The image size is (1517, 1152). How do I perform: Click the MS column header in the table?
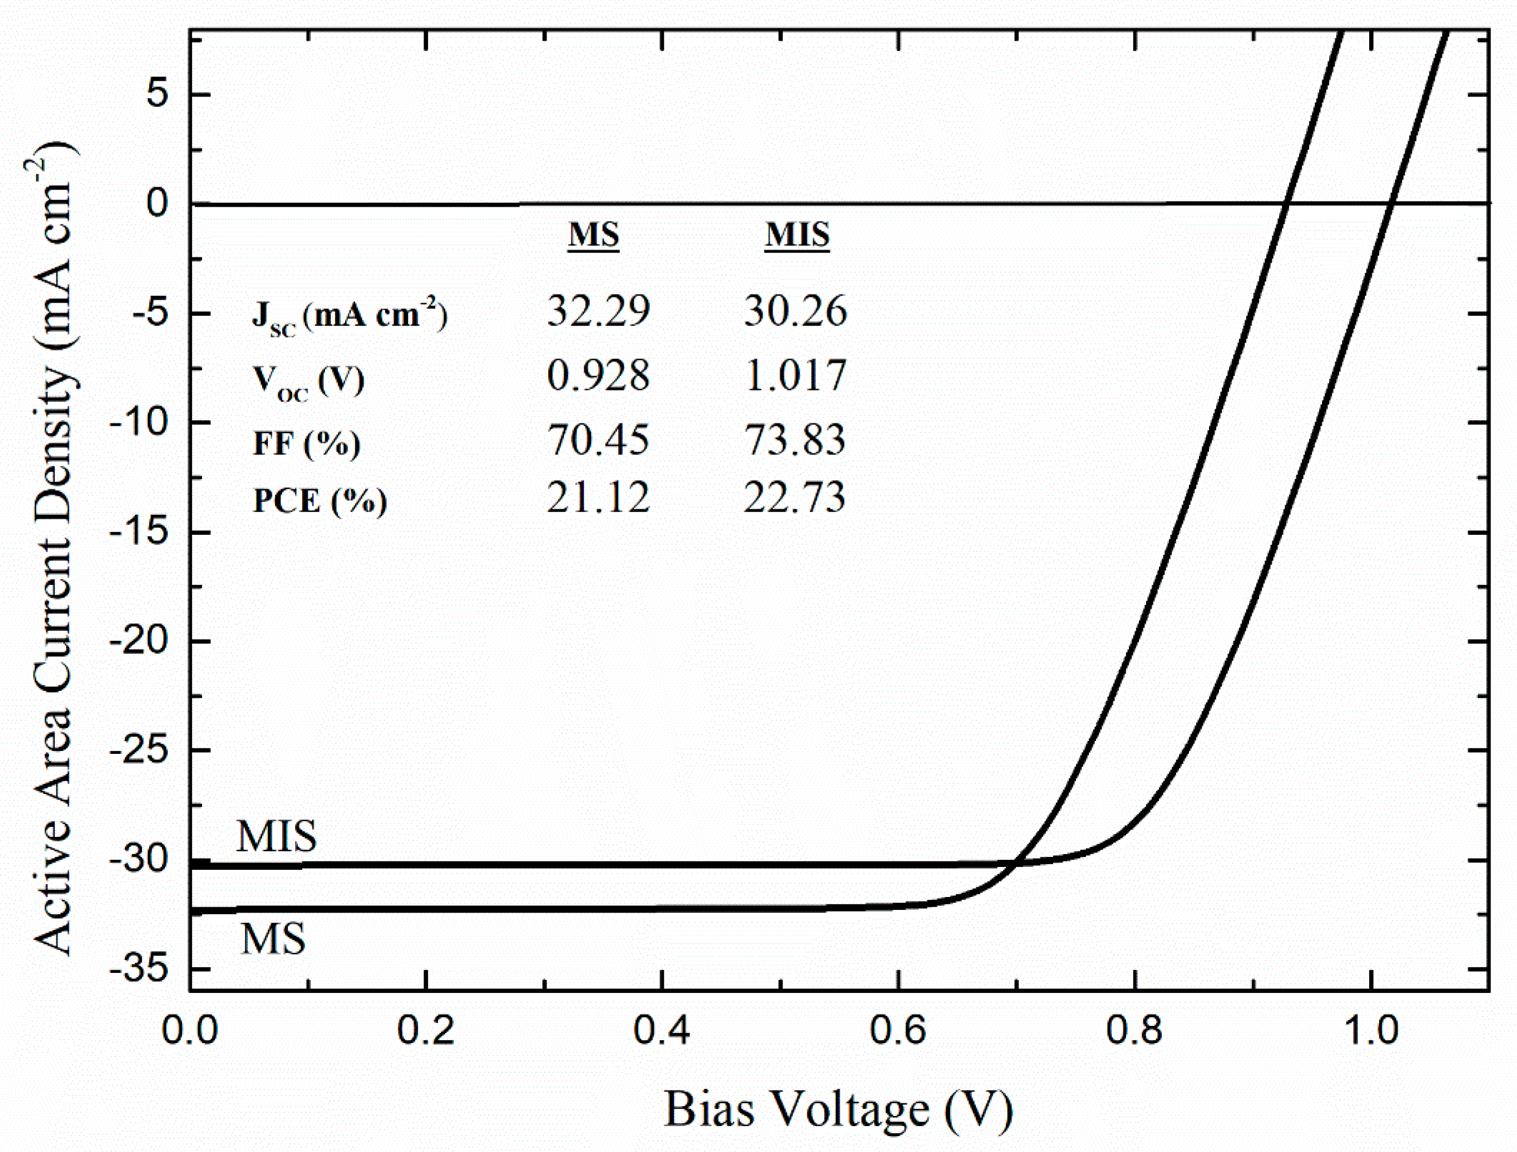coord(593,234)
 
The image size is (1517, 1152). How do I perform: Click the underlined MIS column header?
coord(797,234)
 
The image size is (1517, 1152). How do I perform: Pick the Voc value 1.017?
coord(796,375)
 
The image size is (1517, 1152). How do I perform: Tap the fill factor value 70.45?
coord(598,439)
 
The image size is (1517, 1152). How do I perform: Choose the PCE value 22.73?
coord(795,497)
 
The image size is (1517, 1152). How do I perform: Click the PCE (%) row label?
coord(320,501)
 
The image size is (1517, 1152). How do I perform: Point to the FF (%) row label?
coord(307,443)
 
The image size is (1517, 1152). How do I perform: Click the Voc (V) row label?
coord(308,380)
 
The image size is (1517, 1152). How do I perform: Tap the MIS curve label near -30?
coord(276,836)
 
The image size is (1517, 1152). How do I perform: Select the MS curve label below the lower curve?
coord(273,939)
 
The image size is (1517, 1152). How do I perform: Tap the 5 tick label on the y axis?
coord(157,94)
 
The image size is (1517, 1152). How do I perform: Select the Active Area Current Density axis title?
coord(54,548)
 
